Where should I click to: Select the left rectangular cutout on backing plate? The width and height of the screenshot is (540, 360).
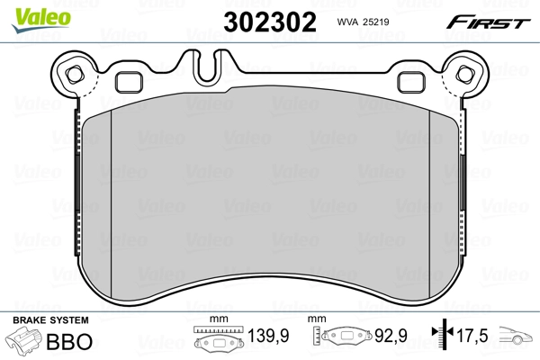[x=131, y=81]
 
